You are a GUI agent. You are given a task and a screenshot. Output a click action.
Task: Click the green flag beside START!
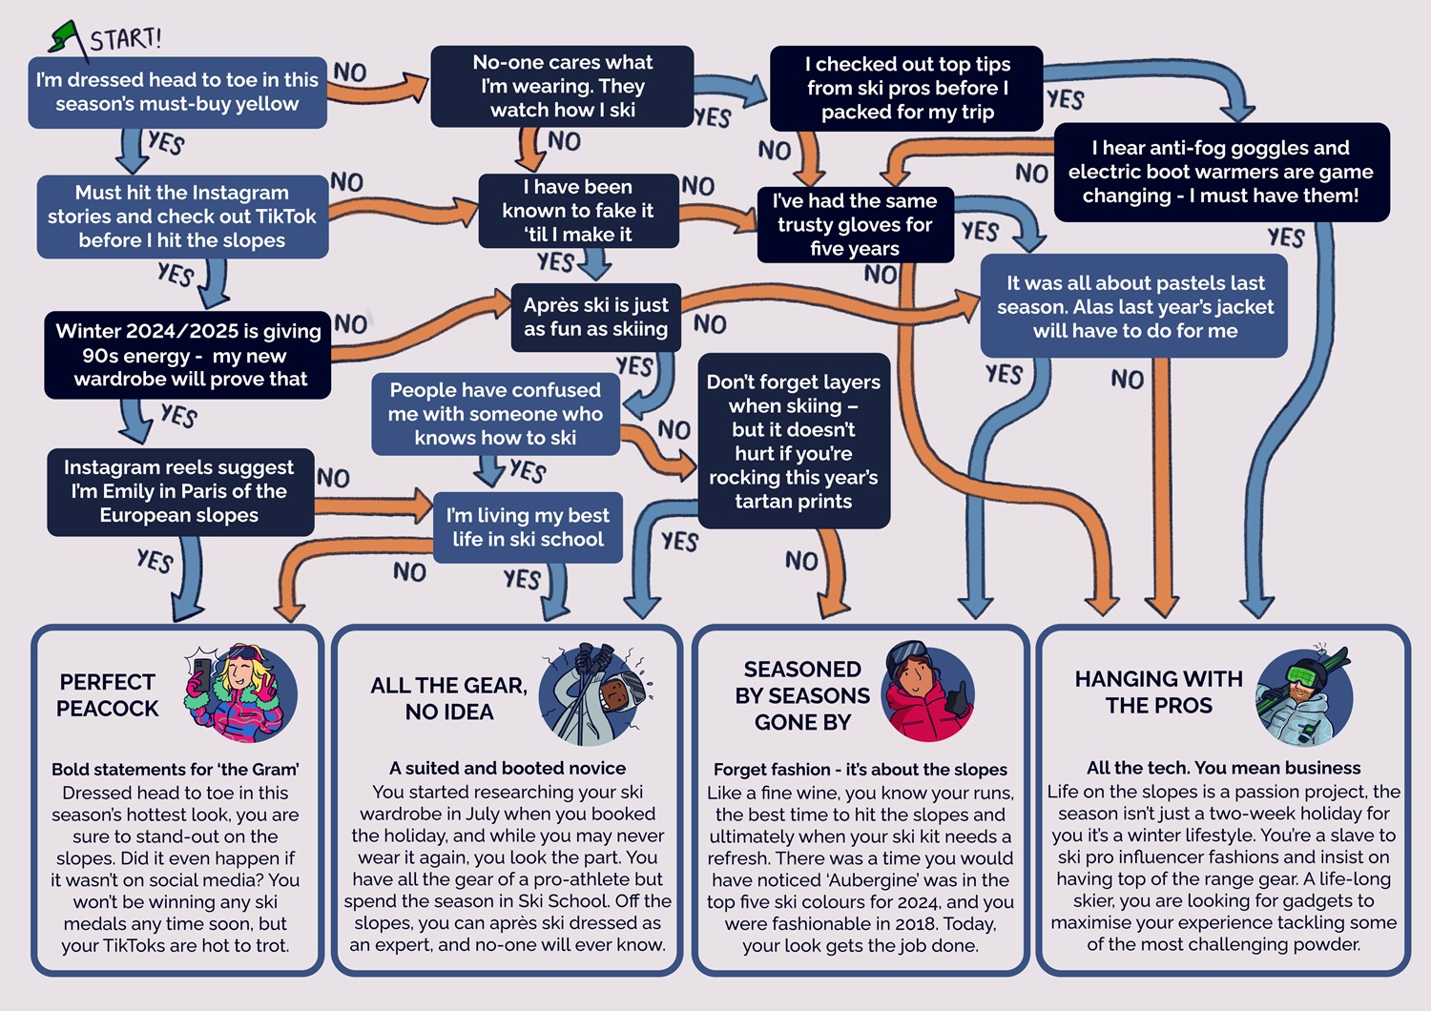(x=67, y=37)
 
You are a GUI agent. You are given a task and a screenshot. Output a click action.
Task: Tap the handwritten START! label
(x=125, y=39)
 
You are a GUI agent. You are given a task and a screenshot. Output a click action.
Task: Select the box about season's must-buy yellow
(x=177, y=93)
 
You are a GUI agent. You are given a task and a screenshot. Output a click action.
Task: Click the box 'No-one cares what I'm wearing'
(x=562, y=86)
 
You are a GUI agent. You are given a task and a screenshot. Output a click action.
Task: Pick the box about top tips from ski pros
(x=906, y=88)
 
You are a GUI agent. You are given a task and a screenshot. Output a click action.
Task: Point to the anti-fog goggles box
(x=1221, y=172)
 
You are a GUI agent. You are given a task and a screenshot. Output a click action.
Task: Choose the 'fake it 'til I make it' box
(x=578, y=211)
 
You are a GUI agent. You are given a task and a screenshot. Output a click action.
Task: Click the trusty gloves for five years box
(x=855, y=224)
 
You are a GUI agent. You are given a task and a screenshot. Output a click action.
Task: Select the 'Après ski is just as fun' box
(x=596, y=317)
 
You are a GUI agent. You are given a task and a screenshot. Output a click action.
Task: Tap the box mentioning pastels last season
(x=1134, y=307)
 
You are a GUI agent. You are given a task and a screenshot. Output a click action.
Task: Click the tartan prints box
(x=794, y=441)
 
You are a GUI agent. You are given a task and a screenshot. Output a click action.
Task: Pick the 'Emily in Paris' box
(x=179, y=491)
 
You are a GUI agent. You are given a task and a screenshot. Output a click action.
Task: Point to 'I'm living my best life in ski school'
(x=528, y=527)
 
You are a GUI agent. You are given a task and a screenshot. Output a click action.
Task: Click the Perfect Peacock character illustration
(x=241, y=692)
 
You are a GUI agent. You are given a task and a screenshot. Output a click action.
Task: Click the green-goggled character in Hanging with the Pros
(x=1304, y=696)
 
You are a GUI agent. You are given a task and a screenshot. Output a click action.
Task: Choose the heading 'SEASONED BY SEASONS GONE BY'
(x=802, y=695)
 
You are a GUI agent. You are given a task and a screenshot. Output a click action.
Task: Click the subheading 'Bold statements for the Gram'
(x=176, y=769)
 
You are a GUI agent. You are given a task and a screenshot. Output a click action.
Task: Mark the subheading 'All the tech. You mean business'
(x=1223, y=768)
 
